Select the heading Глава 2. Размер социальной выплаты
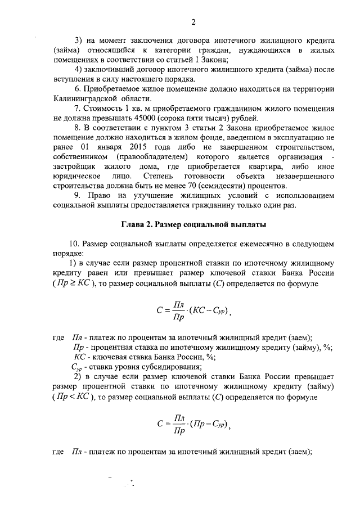point(193,225)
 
